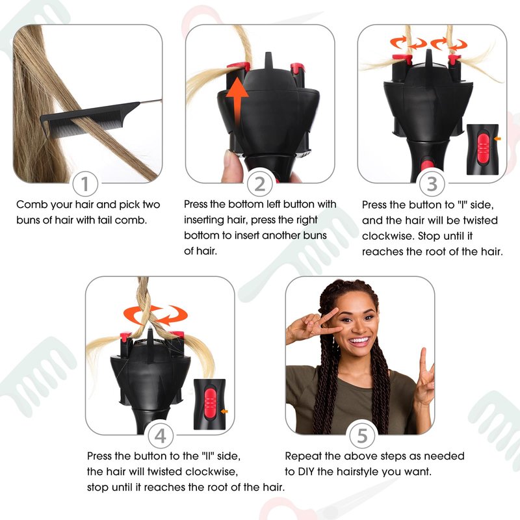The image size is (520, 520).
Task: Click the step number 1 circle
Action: click(x=85, y=184)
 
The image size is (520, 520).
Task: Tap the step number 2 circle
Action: click(x=259, y=184)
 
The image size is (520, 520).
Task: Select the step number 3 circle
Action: click(x=432, y=184)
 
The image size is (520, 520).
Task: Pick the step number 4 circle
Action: click(x=161, y=435)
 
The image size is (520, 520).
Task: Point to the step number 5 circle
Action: click(x=362, y=435)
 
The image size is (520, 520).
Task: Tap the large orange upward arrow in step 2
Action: click(x=237, y=101)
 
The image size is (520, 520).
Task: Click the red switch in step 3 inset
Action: click(x=483, y=148)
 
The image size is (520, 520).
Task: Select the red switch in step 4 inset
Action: click(x=209, y=402)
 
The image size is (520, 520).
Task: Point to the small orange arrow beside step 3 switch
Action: click(x=497, y=138)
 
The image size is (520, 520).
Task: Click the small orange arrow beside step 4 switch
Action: click(x=224, y=411)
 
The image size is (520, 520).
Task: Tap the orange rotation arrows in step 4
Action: click(x=155, y=315)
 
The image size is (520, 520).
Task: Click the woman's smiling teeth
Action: click(x=359, y=341)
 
